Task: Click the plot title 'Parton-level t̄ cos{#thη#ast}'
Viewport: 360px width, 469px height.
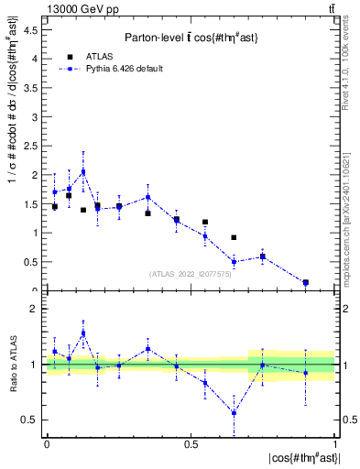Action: click(x=190, y=37)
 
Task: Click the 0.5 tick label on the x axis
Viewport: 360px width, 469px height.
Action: click(x=191, y=443)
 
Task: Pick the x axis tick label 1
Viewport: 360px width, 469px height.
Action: click(x=334, y=443)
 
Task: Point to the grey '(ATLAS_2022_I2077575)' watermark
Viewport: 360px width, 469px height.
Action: click(x=190, y=273)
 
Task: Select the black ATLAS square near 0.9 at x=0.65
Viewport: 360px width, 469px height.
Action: click(x=234, y=238)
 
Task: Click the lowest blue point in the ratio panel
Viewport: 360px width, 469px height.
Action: click(x=234, y=413)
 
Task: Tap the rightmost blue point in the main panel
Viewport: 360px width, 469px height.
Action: click(x=305, y=282)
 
